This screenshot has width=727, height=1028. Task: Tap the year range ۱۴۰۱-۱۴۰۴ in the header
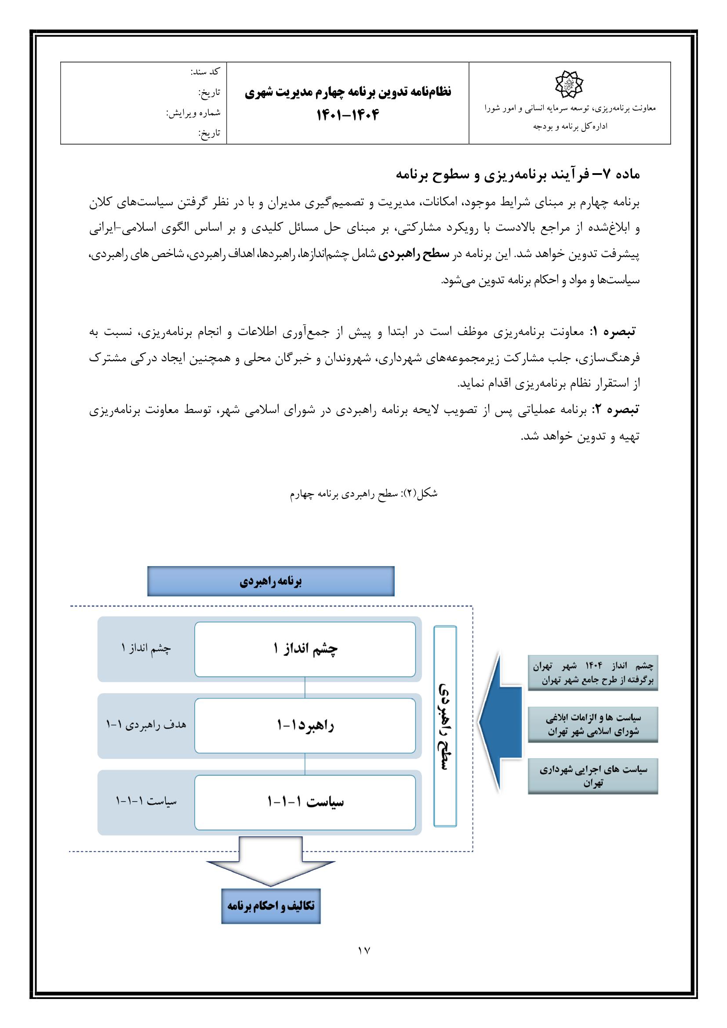click(348, 116)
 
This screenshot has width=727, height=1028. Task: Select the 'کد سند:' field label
click(205, 72)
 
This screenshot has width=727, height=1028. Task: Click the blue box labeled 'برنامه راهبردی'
click(271, 581)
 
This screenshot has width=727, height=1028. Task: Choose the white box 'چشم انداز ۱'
click(305, 649)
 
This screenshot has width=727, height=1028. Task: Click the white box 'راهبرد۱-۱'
click(305, 726)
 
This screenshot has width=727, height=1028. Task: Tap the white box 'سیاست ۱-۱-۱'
click(305, 802)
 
